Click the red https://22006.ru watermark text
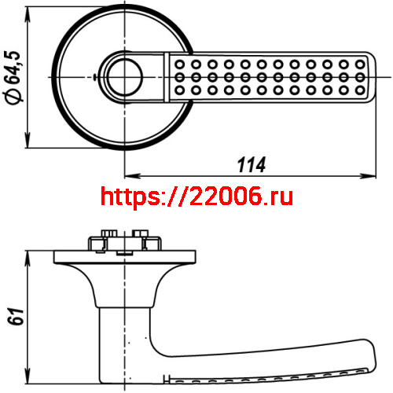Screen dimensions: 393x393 pyautogui.click(x=197, y=196)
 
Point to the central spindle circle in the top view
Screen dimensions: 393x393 pyautogui.click(x=124, y=76)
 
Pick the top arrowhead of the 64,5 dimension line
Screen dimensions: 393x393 pyautogui.click(x=30, y=9)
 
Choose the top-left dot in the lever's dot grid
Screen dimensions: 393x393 pyautogui.click(x=179, y=62)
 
